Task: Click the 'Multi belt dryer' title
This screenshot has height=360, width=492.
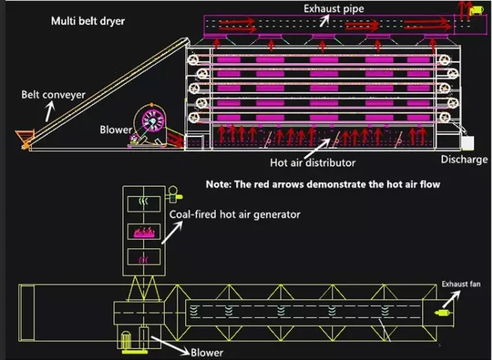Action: (x=88, y=21)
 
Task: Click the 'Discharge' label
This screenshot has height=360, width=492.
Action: (x=464, y=160)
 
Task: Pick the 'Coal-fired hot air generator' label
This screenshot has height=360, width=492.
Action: (x=235, y=215)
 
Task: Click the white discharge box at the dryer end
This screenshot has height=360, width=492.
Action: (x=467, y=144)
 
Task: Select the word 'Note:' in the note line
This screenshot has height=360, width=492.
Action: (x=220, y=184)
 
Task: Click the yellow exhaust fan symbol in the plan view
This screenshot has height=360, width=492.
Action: (x=442, y=313)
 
